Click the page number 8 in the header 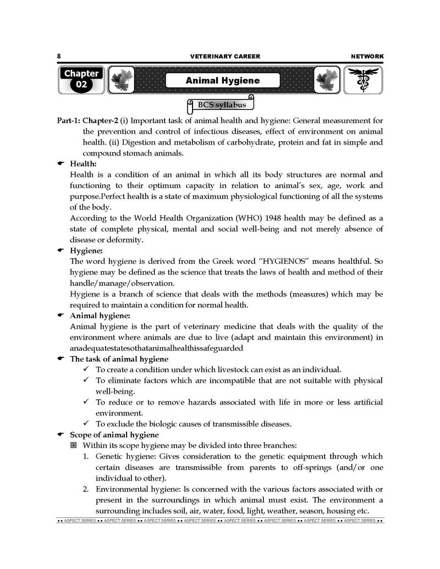click(59, 56)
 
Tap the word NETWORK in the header click(367, 56)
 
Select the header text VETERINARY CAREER click(225, 56)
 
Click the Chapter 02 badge click(81, 80)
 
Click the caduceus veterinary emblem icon click(363, 80)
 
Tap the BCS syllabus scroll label click(222, 104)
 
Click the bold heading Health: click(83, 163)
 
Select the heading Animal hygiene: click(100, 316)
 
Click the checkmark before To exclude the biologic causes click(86, 424)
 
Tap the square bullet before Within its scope click(74, 445)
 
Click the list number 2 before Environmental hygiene click(86, 489)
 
